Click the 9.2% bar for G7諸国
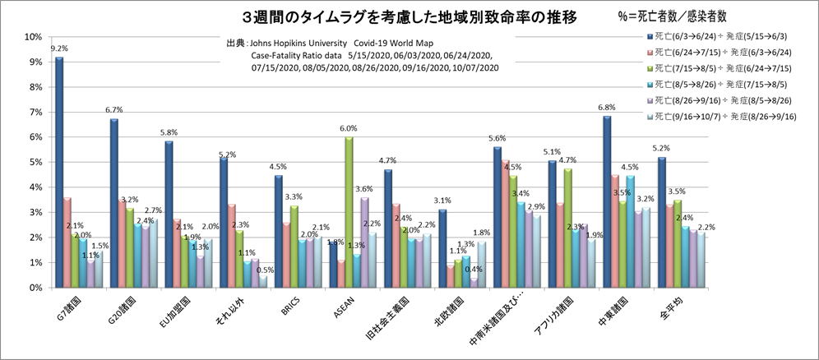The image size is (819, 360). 59,173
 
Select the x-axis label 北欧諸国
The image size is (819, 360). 447,312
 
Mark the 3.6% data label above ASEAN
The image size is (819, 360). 363,189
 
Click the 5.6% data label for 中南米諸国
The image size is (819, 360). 496,139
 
